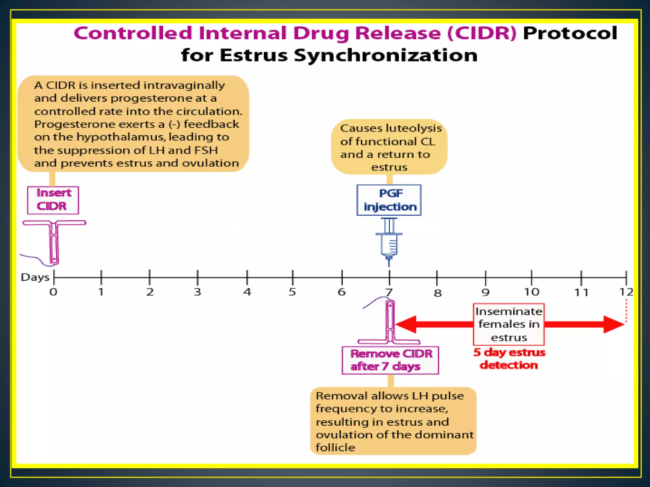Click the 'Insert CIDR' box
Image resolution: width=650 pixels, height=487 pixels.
[53, 200]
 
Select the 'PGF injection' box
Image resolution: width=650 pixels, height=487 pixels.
[389, 200]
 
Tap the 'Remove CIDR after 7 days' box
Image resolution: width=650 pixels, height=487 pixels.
[390, 360]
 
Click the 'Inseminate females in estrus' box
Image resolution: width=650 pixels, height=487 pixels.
[508, 324]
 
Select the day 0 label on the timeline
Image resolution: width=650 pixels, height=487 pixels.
[53, 292]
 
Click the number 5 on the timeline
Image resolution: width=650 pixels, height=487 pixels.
[292, 292]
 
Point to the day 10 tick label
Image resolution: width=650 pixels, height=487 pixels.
[531, 292]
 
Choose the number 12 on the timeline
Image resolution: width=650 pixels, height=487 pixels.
[626, 292]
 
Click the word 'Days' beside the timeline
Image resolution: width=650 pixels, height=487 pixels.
[35, 277]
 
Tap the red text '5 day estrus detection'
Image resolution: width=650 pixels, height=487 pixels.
[509, 359]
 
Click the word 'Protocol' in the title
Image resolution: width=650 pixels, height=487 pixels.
[570, 33]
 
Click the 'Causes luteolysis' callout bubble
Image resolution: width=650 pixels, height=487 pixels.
[389, 147]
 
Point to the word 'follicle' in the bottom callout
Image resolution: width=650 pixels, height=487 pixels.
[335, 447]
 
